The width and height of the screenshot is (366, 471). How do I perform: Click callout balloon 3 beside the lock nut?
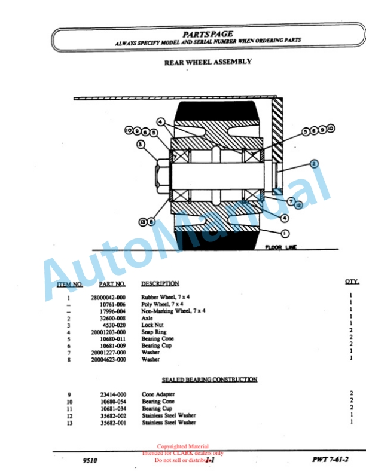141,144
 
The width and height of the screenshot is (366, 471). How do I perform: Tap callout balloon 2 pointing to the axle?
314,163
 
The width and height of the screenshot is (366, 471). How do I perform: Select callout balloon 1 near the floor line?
285,233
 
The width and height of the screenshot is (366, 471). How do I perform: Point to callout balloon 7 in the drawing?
291,201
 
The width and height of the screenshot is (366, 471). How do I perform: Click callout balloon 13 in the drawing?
142,221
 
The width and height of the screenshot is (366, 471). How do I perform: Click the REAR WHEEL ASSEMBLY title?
208,62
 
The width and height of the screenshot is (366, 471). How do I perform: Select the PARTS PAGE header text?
208,34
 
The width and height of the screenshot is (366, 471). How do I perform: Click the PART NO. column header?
112,284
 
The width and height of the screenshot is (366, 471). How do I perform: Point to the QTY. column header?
351,282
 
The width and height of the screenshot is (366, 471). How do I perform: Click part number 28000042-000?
108,297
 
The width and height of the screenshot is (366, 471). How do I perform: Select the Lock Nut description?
152,325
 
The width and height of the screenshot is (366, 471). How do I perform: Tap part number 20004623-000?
108,360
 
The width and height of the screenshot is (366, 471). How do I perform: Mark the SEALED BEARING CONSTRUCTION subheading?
209,380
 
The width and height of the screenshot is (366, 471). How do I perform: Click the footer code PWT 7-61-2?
330,459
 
